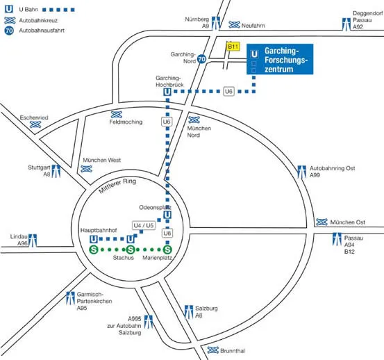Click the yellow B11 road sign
click(233, 47)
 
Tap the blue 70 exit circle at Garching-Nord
click(201, 59)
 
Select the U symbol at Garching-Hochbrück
click(167, 92)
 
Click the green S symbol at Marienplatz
click(167, 249)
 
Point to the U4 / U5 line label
click(144, 225)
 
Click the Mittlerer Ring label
click(117, 186)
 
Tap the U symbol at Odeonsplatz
click(167, 215)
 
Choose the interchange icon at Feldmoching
click(117, 115)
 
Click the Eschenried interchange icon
click(35, 124)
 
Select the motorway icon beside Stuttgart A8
click(56, 171)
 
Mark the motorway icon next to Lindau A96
click(33, 240)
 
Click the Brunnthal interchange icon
click(212, 350)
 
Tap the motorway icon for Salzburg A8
click(189, 312)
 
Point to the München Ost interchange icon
click(322, 222)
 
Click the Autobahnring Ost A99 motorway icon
click(301, 172)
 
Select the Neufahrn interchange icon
click(234, 25)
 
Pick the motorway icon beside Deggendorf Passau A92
click(347, 24)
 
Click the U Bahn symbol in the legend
click(9, 9)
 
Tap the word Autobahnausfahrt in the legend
click(42, 31)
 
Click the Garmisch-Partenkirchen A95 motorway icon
click(71, 297)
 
